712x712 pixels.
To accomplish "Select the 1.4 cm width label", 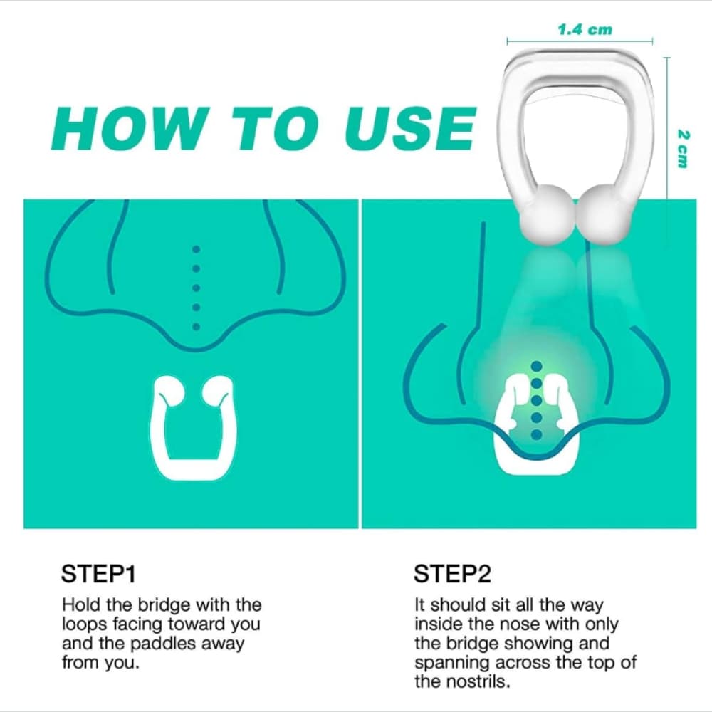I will pos(584,30).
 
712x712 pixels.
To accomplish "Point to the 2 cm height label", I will pos(683,148).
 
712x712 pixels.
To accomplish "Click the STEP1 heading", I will pos(98,574).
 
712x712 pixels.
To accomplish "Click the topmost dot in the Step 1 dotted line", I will pos(197,250).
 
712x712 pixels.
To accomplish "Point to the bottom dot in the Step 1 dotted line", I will pos(197,327).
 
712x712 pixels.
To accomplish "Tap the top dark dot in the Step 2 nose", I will pos(537,366).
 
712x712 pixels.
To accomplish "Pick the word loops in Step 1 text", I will pos(83,624).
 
